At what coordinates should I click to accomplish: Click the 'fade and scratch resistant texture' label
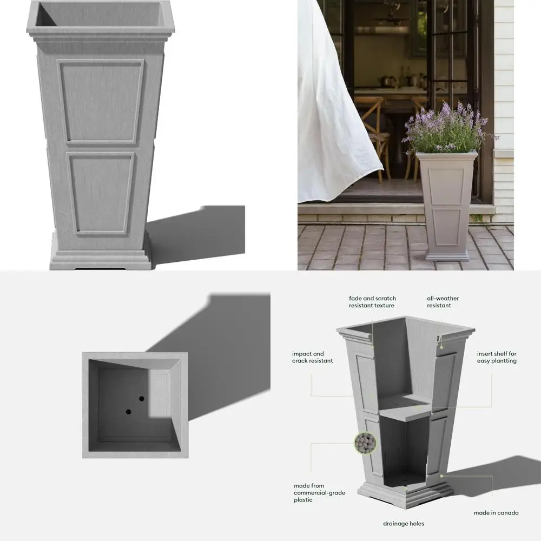point(372,302)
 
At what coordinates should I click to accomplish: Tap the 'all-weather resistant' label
point(443,302)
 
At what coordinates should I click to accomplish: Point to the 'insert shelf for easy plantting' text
point(497,357)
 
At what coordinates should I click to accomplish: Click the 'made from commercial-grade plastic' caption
point(319,493)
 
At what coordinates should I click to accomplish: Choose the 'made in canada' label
point(496,513)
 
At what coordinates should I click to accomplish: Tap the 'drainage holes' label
point(404,524)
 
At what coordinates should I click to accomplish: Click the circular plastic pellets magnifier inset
point(365,444)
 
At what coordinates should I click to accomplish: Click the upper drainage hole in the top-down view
point(142,399)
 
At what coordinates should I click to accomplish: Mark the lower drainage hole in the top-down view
point(128,412)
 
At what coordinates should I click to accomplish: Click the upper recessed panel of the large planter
point(101,101)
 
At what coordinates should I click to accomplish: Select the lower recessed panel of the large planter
point(101,192)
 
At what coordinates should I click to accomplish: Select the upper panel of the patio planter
point(447,187)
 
